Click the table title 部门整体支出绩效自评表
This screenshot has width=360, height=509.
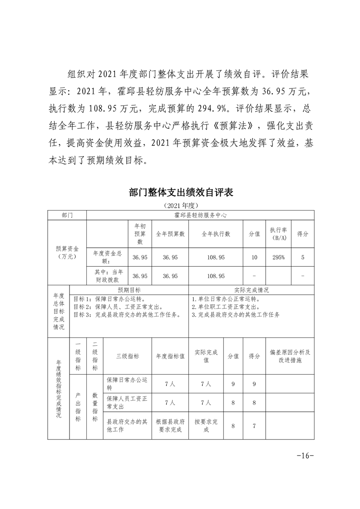181,192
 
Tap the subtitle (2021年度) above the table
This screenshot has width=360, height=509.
180,206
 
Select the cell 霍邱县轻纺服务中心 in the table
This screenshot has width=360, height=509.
200,215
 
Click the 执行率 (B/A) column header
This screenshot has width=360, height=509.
278,234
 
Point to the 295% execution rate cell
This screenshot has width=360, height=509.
278,257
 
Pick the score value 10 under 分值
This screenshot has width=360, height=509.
254,257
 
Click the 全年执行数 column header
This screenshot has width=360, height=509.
216,234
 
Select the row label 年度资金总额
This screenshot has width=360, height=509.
107,257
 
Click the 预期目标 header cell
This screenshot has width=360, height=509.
129,290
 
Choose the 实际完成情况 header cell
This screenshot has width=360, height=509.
251,290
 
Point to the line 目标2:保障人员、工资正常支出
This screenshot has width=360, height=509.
119,307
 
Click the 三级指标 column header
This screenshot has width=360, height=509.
128,356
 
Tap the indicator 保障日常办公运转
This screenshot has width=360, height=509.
127,384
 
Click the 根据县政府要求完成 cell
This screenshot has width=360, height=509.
170,426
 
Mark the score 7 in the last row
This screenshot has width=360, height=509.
254,426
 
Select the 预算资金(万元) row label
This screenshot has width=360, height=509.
67,253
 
